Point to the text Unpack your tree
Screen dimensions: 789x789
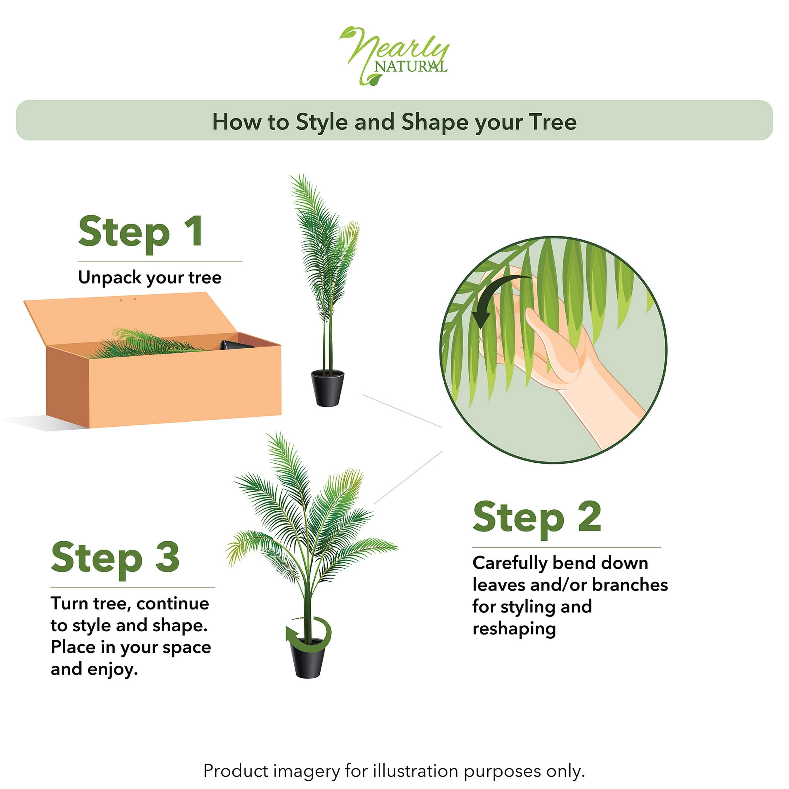coord(150,278)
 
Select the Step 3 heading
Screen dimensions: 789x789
coord(115,558)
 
